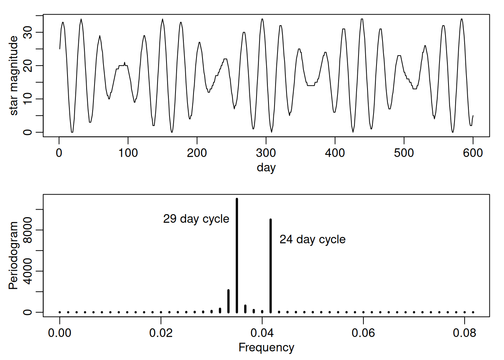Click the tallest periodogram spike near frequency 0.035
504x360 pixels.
(x=237, y=255)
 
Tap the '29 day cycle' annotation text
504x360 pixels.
(x=196, y=219)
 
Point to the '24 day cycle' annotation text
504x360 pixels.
(x=312, y=239)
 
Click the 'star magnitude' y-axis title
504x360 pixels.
(x=13, y=75)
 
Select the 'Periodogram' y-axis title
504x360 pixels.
(x=13, y=255)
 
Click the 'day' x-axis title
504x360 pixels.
(x=266, y=167)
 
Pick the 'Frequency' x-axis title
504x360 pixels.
(x=266, y=347)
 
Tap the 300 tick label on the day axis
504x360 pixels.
(x=266, y=153)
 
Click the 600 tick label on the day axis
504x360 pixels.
(x=473, y=153)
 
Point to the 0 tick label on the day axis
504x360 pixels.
(x=59, y=153)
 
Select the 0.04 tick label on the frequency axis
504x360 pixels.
(x=262, y=333)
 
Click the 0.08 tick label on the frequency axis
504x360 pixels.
(x=464, y=333)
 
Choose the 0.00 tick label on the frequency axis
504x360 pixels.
(x=60, y=333)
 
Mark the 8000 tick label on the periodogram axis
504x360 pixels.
(x=28, y=230)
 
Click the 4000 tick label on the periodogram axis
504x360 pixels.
(x=28, y=271)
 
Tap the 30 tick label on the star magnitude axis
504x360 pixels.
(x=28, y=32)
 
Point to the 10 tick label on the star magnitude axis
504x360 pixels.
(x=28, y=99)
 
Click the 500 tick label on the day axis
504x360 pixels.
(x=404, y=153)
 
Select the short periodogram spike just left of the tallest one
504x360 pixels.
(x=228, y=301)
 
